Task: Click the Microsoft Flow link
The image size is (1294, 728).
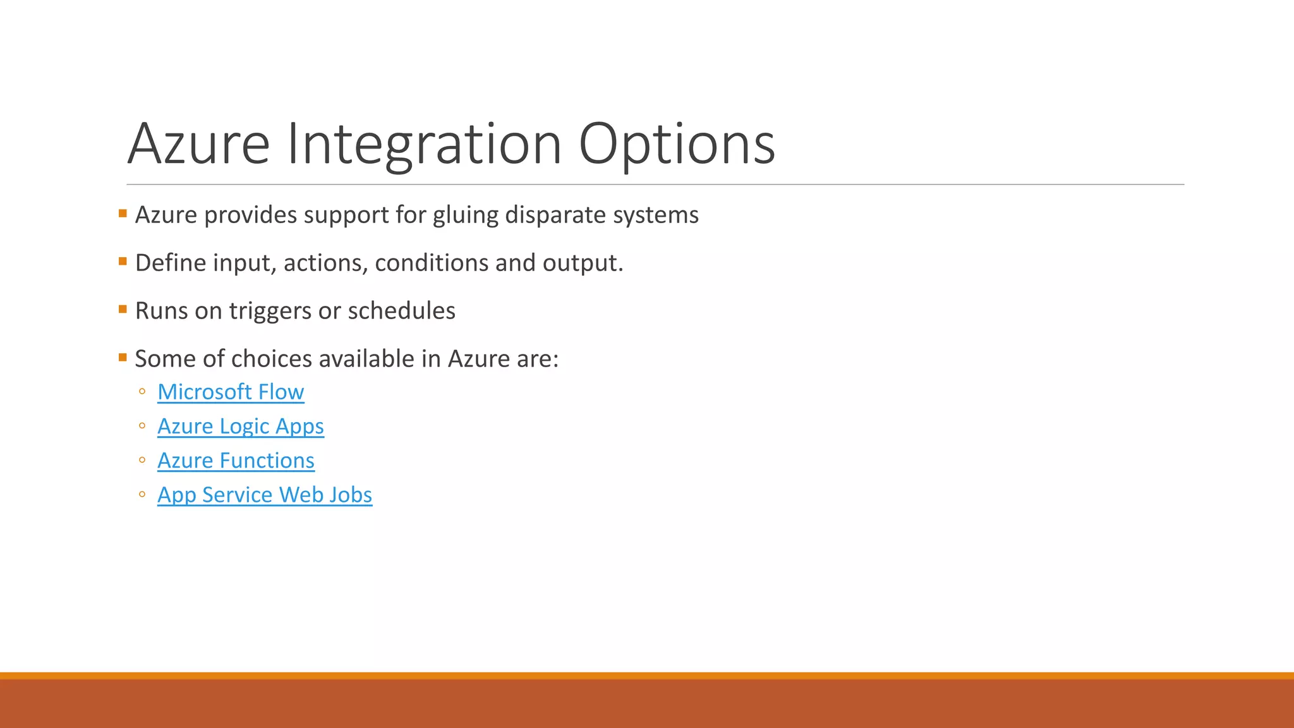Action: (x=231, y=392)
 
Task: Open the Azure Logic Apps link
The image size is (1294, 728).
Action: (x=240, y=427)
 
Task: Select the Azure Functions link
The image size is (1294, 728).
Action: (x=236, y=461)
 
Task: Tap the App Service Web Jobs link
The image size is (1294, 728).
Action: (x=265, y=495)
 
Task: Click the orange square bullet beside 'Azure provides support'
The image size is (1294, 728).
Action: (x=123, y=214)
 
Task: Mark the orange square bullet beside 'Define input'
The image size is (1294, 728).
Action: (x=123, y=261)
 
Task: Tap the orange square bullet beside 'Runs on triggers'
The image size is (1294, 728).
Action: (x=123, y=309)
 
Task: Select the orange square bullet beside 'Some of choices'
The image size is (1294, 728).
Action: (x=123, y=357)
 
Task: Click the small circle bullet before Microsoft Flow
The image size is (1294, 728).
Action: (x=142, y=392)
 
